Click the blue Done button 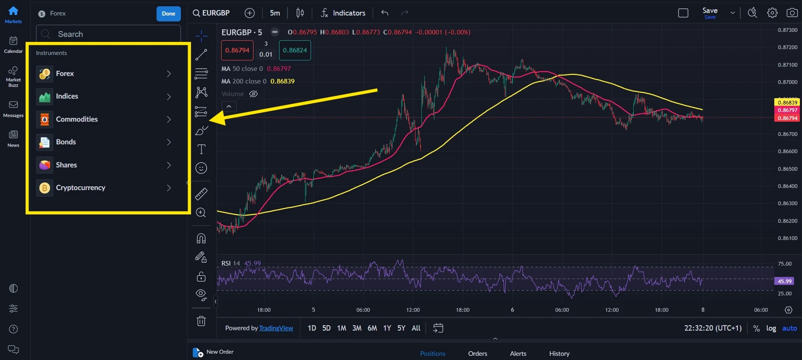click(168, 13)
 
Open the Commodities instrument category click(77, 120)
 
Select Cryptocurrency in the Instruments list click(81, 188)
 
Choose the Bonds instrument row click(66, 142)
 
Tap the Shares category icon click(44, 165)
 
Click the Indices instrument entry click(67, 97)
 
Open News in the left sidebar click(13, 138)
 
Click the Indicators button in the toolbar click(343, 13)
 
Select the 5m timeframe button click(275, 13)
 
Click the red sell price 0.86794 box click(237, 50)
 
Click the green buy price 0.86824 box click(295, 50)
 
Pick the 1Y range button click(387, 328)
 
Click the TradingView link click(276, 328)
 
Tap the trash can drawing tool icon click(201, 321)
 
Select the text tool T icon click(201, 149)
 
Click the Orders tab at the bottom click(478, 354)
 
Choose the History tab click(559, 354)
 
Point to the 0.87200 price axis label click(787, 47)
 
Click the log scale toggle click(771, 328)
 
